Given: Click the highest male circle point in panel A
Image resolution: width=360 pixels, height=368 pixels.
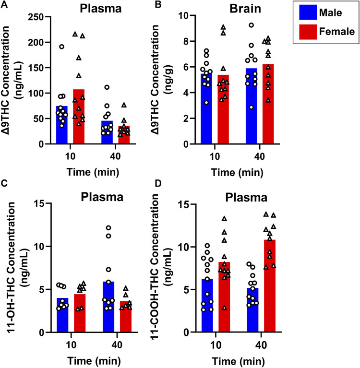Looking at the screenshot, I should click(62, 47).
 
